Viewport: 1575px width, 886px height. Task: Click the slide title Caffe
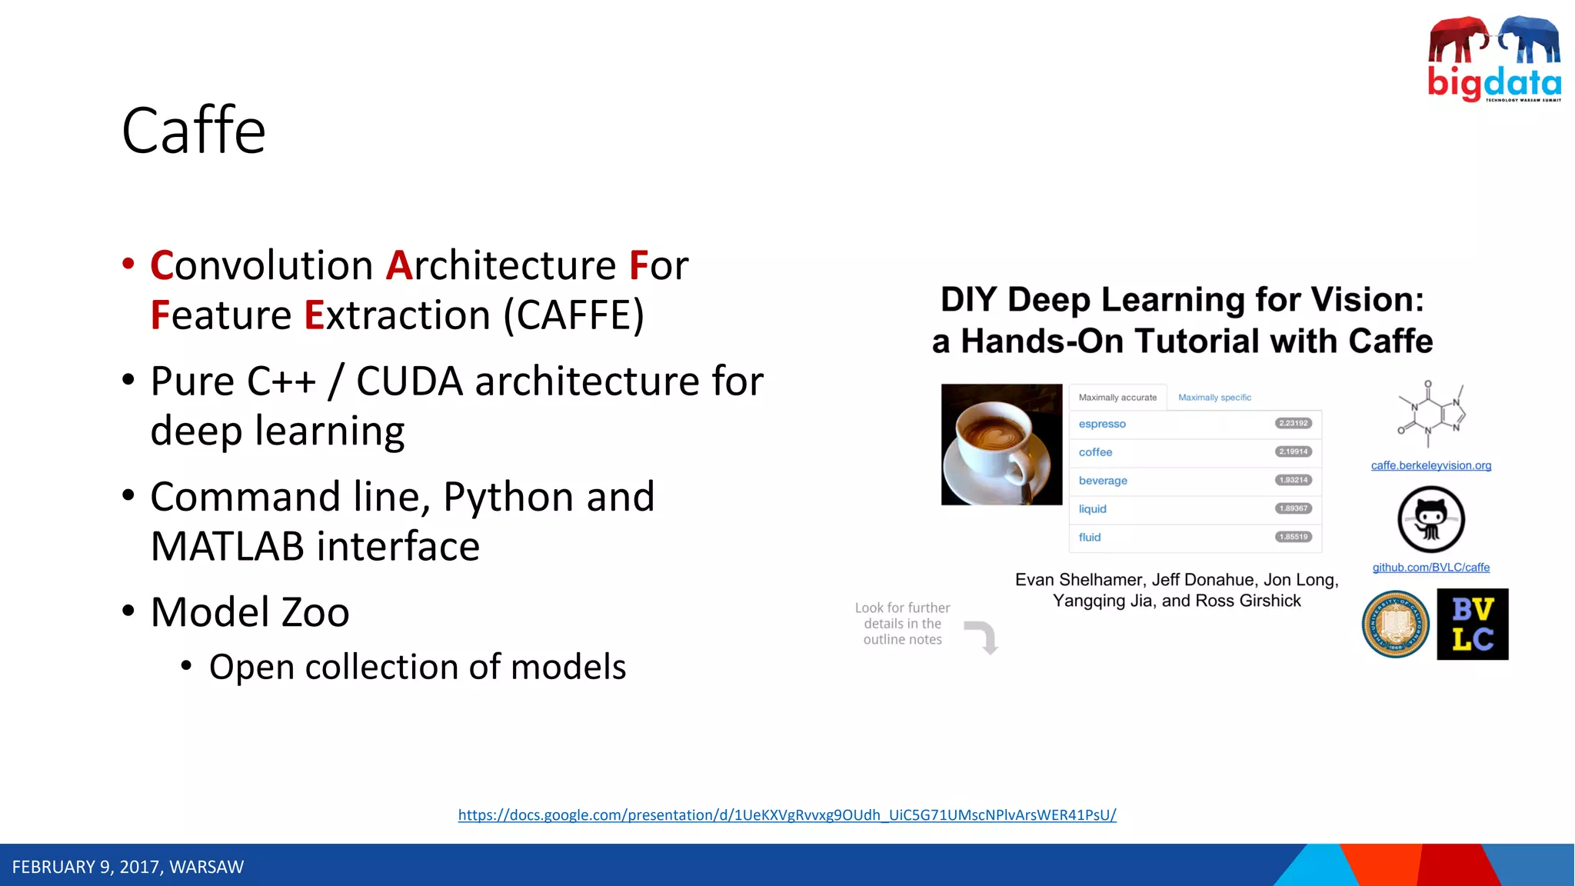pyautogui.click(x=194, y=131)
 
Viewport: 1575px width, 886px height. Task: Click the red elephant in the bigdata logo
pyautogui.click(x=1457, y=40)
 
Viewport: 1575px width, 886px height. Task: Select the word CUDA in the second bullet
pyautogui.click(x=409, y=381)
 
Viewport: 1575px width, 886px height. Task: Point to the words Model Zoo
pyautogui.click(x=250, y=612)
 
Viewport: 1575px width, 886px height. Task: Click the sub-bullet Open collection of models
pyautogui.click(x=417, y=667)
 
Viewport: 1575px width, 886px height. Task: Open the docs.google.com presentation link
pyautogui.click(x=787, y=814)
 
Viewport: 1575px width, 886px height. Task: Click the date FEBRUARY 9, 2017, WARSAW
pyautogui.click(x=128, y=867)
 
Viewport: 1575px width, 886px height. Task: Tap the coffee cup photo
pyautogui.click(x=1001, y=445)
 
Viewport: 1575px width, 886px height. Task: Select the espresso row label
pyautogui.click(x=1101, y=424)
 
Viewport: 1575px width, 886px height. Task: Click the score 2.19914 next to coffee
pyautogui.click(x=1294, y=451)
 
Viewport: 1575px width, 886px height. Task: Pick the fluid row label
pyautogui.click(x=1089, y=538)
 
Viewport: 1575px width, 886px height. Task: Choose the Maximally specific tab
pyautogui.click(x=1214, y=398)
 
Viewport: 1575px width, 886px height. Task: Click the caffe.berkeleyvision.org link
pyautogui.click(x=1430, y=465)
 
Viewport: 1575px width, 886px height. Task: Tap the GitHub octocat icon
pyautogui.click(x=1430, y=519)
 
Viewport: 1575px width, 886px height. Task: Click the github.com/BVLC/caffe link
pyautogui.click(x=1430, y=568)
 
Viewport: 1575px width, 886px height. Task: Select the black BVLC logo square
pyautogui.click(x=1472, y=624)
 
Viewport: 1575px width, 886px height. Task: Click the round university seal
pyautogui.click(x=1395, y=624)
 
